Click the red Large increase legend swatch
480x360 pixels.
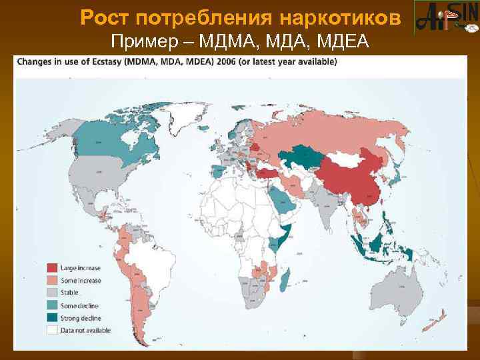pos(51,268)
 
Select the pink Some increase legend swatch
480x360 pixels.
pos(51,280)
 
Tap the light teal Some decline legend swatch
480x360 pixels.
pos(51,305)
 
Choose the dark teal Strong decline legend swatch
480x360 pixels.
pos(51,317)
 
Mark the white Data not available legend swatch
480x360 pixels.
pos(51,329)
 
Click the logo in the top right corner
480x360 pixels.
pos(446,18)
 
